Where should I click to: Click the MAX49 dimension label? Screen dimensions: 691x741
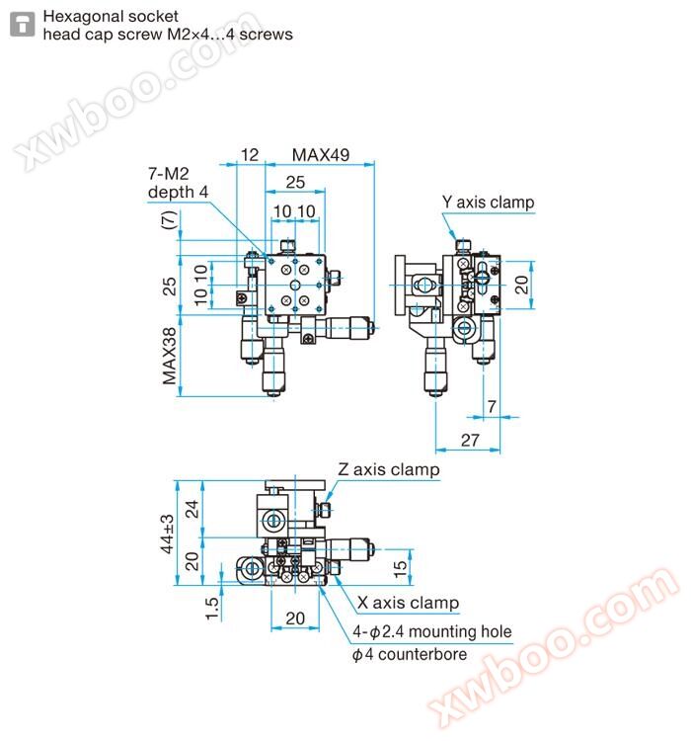point(321,154)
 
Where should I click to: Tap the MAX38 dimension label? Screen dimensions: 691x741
point(169,356)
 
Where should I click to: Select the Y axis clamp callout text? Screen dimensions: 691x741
point(488,202)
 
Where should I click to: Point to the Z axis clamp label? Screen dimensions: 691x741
point(388,469)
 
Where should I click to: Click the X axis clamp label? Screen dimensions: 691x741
point(408,603)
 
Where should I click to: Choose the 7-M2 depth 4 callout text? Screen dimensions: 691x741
point(178,183)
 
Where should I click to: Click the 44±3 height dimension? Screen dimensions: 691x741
point(168,534)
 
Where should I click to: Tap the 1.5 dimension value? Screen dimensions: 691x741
point(212,609)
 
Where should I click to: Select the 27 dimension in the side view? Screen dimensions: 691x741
point(470,440)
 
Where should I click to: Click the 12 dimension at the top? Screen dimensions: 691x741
point(250,154)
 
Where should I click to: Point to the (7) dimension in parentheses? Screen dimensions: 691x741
point(169,219)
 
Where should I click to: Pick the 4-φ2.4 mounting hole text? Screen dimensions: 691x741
point(432,631)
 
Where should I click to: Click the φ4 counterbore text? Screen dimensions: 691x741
point(410,654)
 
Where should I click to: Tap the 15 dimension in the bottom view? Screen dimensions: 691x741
point(400,568)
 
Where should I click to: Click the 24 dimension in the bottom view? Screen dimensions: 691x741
point(192,509)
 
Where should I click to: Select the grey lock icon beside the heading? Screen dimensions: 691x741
point(22,24)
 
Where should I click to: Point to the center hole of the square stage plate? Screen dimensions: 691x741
point(295,285)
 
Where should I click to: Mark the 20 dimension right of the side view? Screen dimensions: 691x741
point(521,285)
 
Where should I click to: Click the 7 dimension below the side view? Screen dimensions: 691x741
point(492,406)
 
